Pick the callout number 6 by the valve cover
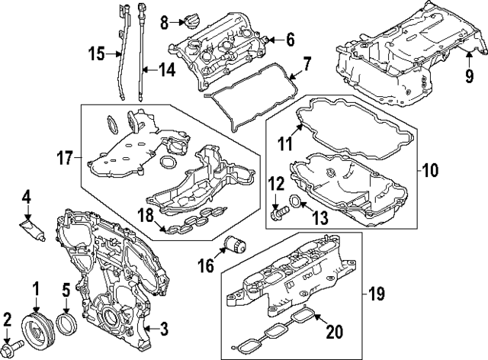click(x=290, y=39)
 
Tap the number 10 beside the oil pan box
click(x=431, y=172)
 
